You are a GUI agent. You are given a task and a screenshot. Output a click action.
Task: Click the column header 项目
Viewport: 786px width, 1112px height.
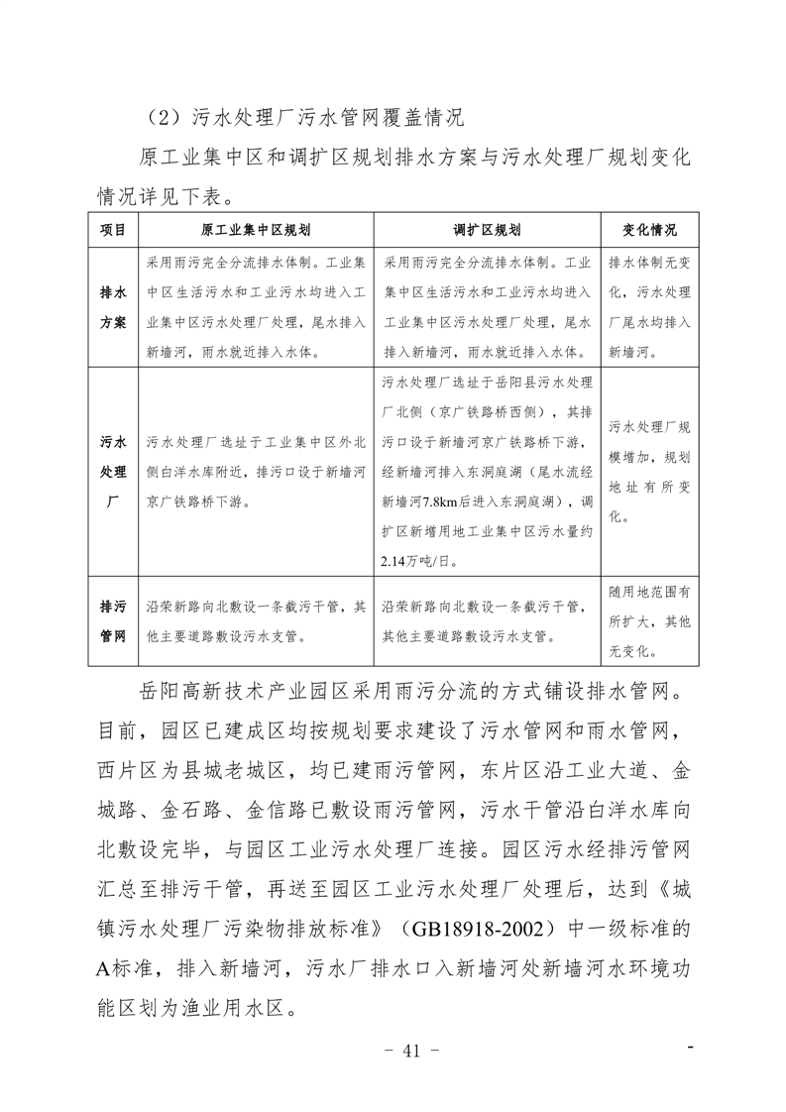[112, 230]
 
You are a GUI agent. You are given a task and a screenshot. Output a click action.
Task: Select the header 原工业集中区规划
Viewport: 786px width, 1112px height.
[256, 230]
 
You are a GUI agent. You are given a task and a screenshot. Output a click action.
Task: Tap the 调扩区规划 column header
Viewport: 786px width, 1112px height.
[488, 230]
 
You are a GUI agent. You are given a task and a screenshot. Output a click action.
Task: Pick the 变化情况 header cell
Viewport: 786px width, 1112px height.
[649, 230]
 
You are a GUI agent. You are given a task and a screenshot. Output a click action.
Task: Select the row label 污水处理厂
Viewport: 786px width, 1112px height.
[113, 472]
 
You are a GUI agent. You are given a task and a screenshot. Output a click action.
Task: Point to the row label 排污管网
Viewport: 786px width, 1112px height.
[113, 619]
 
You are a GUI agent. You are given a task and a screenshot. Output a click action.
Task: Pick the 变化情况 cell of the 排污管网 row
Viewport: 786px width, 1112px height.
[649, 621]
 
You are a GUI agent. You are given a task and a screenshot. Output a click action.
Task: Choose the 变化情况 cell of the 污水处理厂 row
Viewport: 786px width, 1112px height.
[649, 472]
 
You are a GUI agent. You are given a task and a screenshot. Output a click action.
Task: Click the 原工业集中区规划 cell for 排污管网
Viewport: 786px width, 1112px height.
[256, 619]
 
